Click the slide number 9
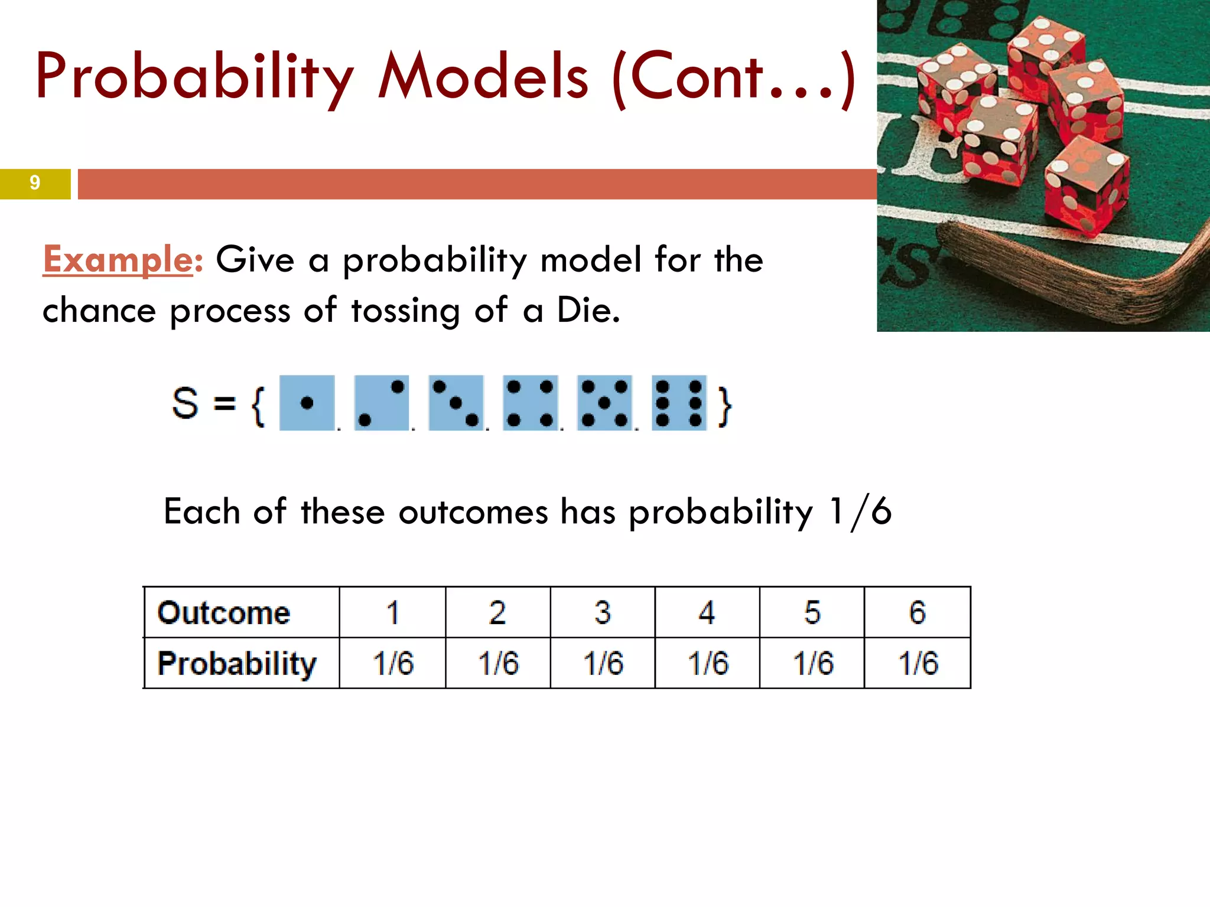coord(35,183)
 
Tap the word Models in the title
coord(483,77)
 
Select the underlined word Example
coord(118,259)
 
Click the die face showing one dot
coord(307,403)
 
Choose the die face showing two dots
coord(381,403)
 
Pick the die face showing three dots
coord(456,403)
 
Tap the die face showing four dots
coord(530,403)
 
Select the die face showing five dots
coord(604,403)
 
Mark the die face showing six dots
coord(679,403)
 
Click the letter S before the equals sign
coord(185,403)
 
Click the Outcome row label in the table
coord(224,612)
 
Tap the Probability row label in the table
coord(237,664)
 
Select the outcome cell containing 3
coord(603,612)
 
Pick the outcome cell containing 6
coord(917,612)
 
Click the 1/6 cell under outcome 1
coord(393,663)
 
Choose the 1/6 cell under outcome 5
coord(812,663)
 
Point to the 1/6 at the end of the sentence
coord(860,511)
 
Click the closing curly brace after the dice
coord(724,406)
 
